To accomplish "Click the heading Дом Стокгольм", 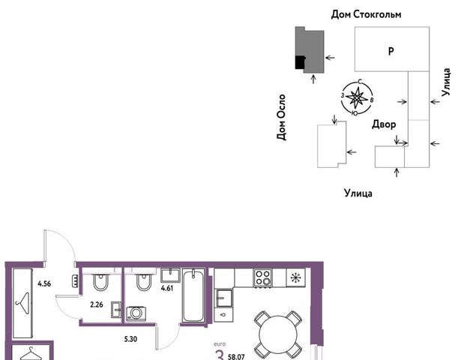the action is pyautogui.click(x=366, y=14).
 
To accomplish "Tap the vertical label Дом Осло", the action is pyautogui.click(x=281, y=117).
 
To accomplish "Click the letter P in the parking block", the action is pyautogui.click(x=391, y=51).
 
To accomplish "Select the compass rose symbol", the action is pyautogui.click(x=357, y=97).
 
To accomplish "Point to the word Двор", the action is pyautogui.click(x=384, y=124).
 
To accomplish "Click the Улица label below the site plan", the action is pyautogui.click(x=358, y=193).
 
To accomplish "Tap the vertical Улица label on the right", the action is pyautogui.click(x=446, y=82).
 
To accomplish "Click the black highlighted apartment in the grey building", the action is pyautogui.click(x=300, y=62).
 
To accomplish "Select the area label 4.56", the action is pyautogui.click(x=44, y=283).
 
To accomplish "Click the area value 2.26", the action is pyautogui.click(x=97, y=304).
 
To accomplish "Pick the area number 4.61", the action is pyautogui.click(x=166, y=288).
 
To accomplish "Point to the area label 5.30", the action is pyautogui.click(x=130, y=339).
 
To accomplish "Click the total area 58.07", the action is pyautogui.click(x=236, y=357).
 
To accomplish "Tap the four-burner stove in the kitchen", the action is pyautogui.click(x=263, y=277).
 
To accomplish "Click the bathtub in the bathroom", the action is pyautogui.click(x=193, y=295).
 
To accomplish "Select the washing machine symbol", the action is pyautogui.click(x=136, y=313).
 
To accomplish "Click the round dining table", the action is pyautogui.click(x=278, y=334).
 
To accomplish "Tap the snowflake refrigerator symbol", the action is pyautogui.click(x=295, y=277).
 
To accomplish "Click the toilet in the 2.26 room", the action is pyautogui.click(x=100, y=282).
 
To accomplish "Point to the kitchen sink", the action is pyautogui.click(x=224, y=298).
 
